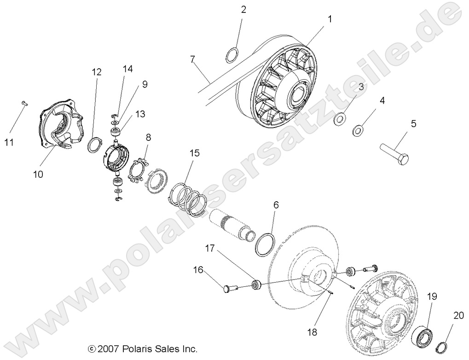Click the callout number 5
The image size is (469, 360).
click(413, 123)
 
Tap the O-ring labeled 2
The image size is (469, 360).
click(232, 55)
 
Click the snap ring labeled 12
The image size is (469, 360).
click(95, 144)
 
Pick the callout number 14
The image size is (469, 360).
click(127, 69)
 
